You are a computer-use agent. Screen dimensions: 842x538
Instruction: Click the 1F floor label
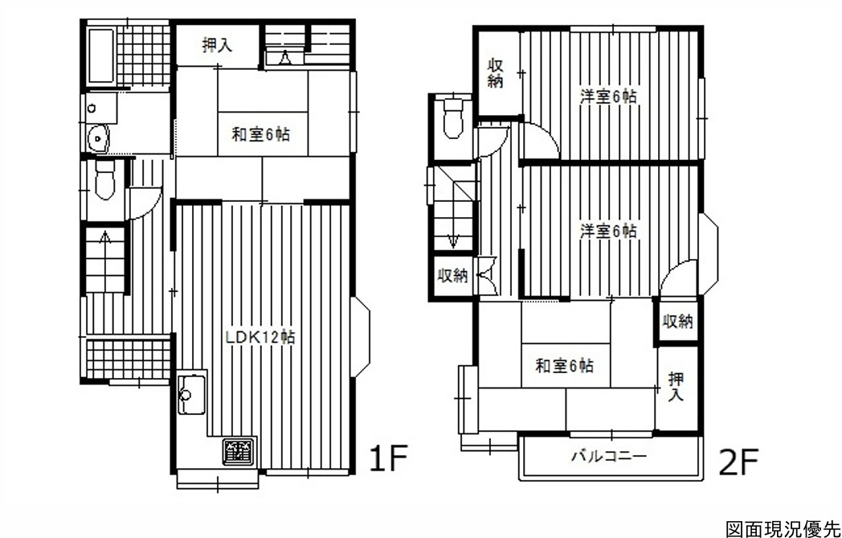point(390,458)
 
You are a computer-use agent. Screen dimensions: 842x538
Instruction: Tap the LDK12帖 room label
point(260,337)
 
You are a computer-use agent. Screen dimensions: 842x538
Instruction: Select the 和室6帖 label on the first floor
point(260,133)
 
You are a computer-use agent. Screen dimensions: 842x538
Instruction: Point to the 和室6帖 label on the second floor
point(564,366)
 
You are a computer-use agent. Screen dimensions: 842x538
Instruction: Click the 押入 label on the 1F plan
point(217,45)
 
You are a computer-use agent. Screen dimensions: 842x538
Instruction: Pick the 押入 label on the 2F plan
point(676,387)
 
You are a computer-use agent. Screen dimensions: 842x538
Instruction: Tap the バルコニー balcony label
point(608,457)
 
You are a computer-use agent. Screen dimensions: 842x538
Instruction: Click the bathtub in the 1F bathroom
point(100,56)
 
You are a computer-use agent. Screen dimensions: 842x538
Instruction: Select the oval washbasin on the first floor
point(98,138)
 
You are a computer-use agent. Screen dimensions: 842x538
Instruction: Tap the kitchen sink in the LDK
point(192,394)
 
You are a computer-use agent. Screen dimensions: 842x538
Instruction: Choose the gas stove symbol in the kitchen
point(239,452)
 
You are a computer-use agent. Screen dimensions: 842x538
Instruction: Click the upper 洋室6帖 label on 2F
point(608,97)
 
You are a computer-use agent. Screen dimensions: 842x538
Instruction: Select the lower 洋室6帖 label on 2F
point(608,231)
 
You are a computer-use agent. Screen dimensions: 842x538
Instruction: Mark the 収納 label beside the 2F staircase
point(452,276)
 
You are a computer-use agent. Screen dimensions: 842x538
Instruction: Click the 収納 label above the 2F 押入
point(677,322)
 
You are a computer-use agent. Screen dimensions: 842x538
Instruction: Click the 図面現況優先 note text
point(782,529)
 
